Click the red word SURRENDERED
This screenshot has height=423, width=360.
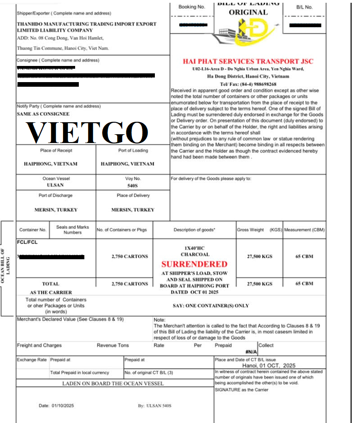tap(194, 264)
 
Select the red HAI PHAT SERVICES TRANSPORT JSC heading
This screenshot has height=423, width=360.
tap(248, 61)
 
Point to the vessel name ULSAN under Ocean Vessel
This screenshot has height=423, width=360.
tap(55, 185)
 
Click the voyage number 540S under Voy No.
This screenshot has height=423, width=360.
tap(132, 185)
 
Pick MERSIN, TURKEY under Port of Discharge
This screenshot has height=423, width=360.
tap(56, 209)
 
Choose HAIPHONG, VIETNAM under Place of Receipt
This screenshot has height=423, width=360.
tap(51, 164)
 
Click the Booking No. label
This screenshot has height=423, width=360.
tap(191, 7)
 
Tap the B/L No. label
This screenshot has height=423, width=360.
tap(305, 7)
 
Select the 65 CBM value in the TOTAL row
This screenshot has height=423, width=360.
tap(304, 284)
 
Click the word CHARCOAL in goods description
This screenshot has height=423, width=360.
tap(195, 254)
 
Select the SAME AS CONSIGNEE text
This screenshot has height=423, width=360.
tap(43, 113)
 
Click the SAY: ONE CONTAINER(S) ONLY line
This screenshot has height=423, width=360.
tap(211, 305)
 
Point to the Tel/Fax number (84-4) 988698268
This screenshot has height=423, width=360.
tap(248, 84)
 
